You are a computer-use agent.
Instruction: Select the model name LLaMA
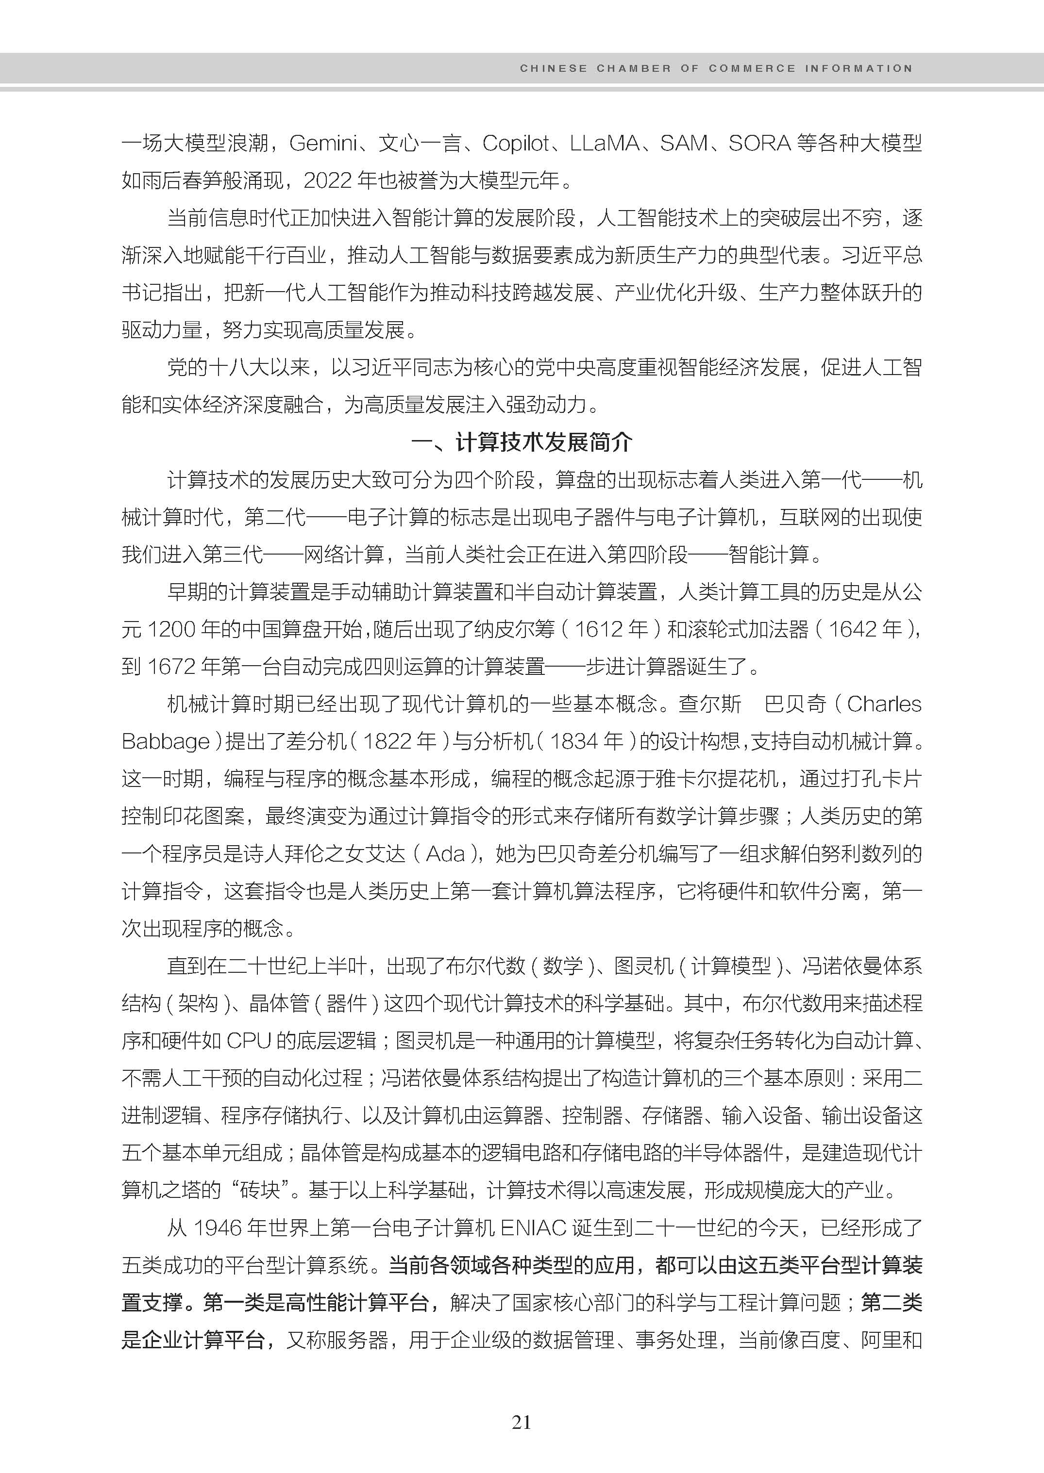pyautogui.click(x=604, y=143)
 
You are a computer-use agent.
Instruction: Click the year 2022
pyautogui.click(x=327, y=180)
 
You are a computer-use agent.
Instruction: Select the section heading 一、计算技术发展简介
pyautogui.click(x=522, y=442)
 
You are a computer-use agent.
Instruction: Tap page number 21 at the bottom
pyautogui.click(x=522, y=1422)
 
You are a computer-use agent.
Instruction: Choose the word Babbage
pyautogui.click(x=166, y=741)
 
